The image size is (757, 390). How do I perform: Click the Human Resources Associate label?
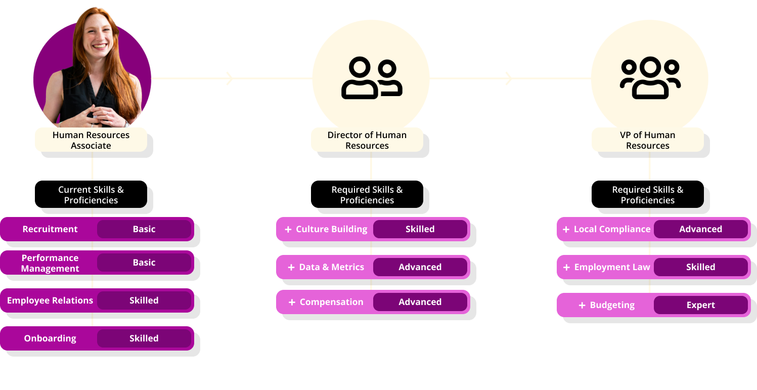pyautogui.click(x=91, y=140)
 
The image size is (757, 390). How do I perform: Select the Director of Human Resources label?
pyautogui.click(x=367, y=140)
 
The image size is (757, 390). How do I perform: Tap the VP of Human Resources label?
pyautogui.click(x=648, y=140)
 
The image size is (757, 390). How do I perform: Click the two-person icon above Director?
pyautogui.click(x=372, y=78)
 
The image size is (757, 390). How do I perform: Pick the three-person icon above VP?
pyautogui.click(x=650, y=78)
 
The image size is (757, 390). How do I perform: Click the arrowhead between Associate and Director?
pyautogui.click(x=230, y=78)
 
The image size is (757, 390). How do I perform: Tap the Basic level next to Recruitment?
pyautogui.click(x=144, y=229)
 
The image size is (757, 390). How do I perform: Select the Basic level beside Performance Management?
pyautogui.click(x=144, y=263)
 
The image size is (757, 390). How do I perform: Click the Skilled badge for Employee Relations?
pyautogui.click(x=144, y=300)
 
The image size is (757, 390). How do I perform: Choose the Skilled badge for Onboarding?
pyautogui.click(x=144, y=338)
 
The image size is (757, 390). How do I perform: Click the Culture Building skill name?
pyautogui.click(x=332, y=229)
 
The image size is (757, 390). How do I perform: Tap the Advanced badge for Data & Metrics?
pyautogui.click(x=420, y=267)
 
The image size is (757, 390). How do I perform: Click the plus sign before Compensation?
pyautogui.click(x=292, y=302)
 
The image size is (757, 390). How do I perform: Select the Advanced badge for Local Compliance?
pyautogui.click(x=700, y=229)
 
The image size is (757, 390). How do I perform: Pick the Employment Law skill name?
pyautogui.click(x=612, y=267)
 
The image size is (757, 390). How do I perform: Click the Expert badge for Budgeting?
pyautogui.click(x=700, y=305)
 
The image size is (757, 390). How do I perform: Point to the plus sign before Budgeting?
pyautogui.click(x=582, y=305)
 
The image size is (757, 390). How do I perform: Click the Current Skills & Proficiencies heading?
pyautogui.click(x=91, y=195)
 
